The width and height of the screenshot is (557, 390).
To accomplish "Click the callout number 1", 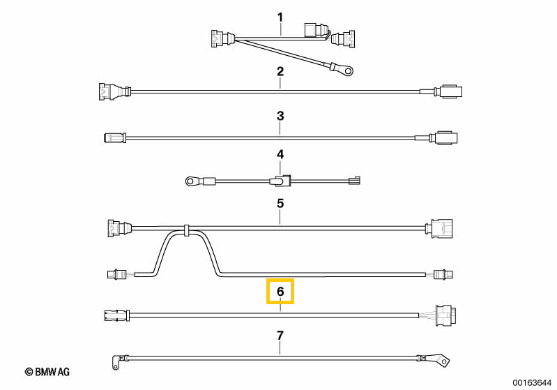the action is (280, 17).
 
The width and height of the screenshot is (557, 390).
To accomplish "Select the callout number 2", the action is (280, 71).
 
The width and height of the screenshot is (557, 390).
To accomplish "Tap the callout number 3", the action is (280, 116).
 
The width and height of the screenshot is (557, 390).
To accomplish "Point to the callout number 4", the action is (280, 154).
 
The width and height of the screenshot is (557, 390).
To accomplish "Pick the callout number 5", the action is (280, 203).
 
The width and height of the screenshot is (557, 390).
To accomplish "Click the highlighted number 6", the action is (280, 292).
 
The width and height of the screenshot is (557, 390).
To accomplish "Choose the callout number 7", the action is (280, 336).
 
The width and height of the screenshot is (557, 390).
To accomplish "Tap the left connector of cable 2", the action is (114, 91).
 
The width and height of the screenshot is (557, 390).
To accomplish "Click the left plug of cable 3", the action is (114, 137).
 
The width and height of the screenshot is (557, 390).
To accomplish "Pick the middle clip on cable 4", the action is (280, 181).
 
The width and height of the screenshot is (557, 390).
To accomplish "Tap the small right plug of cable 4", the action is (354, 181).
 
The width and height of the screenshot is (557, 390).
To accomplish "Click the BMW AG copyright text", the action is (47, 372).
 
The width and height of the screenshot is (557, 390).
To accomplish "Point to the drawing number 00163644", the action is (532, 382).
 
